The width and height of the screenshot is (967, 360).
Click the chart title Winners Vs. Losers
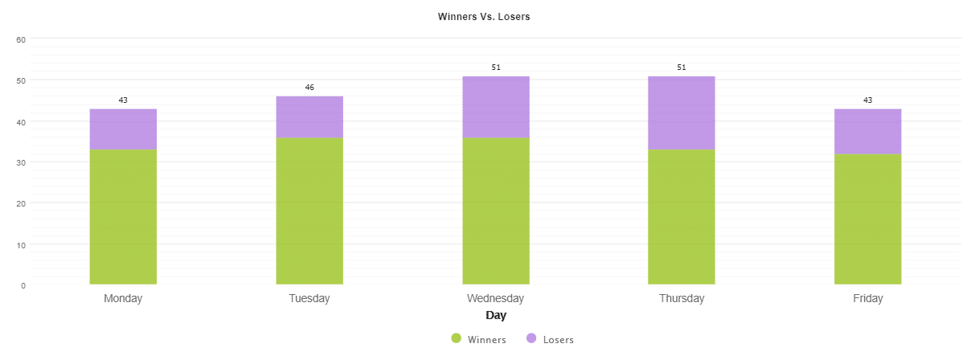point(483,16)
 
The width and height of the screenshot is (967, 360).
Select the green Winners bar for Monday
point(123,216)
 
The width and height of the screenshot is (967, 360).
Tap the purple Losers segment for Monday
point(123,129)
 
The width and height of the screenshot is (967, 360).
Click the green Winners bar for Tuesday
point(309,211)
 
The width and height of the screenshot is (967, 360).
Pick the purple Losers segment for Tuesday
point(309,117)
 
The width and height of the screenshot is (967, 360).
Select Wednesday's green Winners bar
point(496,211)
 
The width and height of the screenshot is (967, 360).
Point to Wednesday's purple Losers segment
point(496,107)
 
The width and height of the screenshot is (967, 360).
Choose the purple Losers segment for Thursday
point(682,113)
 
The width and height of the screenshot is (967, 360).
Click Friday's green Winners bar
point(867,219)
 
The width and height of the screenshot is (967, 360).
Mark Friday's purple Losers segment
point(867,132)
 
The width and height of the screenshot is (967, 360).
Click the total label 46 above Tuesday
point(309,87)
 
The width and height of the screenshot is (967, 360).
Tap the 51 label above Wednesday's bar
point(496,67)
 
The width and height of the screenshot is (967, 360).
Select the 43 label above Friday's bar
point(867,100)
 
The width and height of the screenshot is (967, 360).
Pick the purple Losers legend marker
point(531,339)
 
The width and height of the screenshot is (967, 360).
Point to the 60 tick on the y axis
point(22,39)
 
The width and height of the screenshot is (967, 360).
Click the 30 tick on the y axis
point(22,162)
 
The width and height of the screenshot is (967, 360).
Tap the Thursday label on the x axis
point(682,299)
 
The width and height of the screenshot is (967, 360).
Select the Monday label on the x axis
point(123,299)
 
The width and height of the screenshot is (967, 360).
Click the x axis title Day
point(496,316)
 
